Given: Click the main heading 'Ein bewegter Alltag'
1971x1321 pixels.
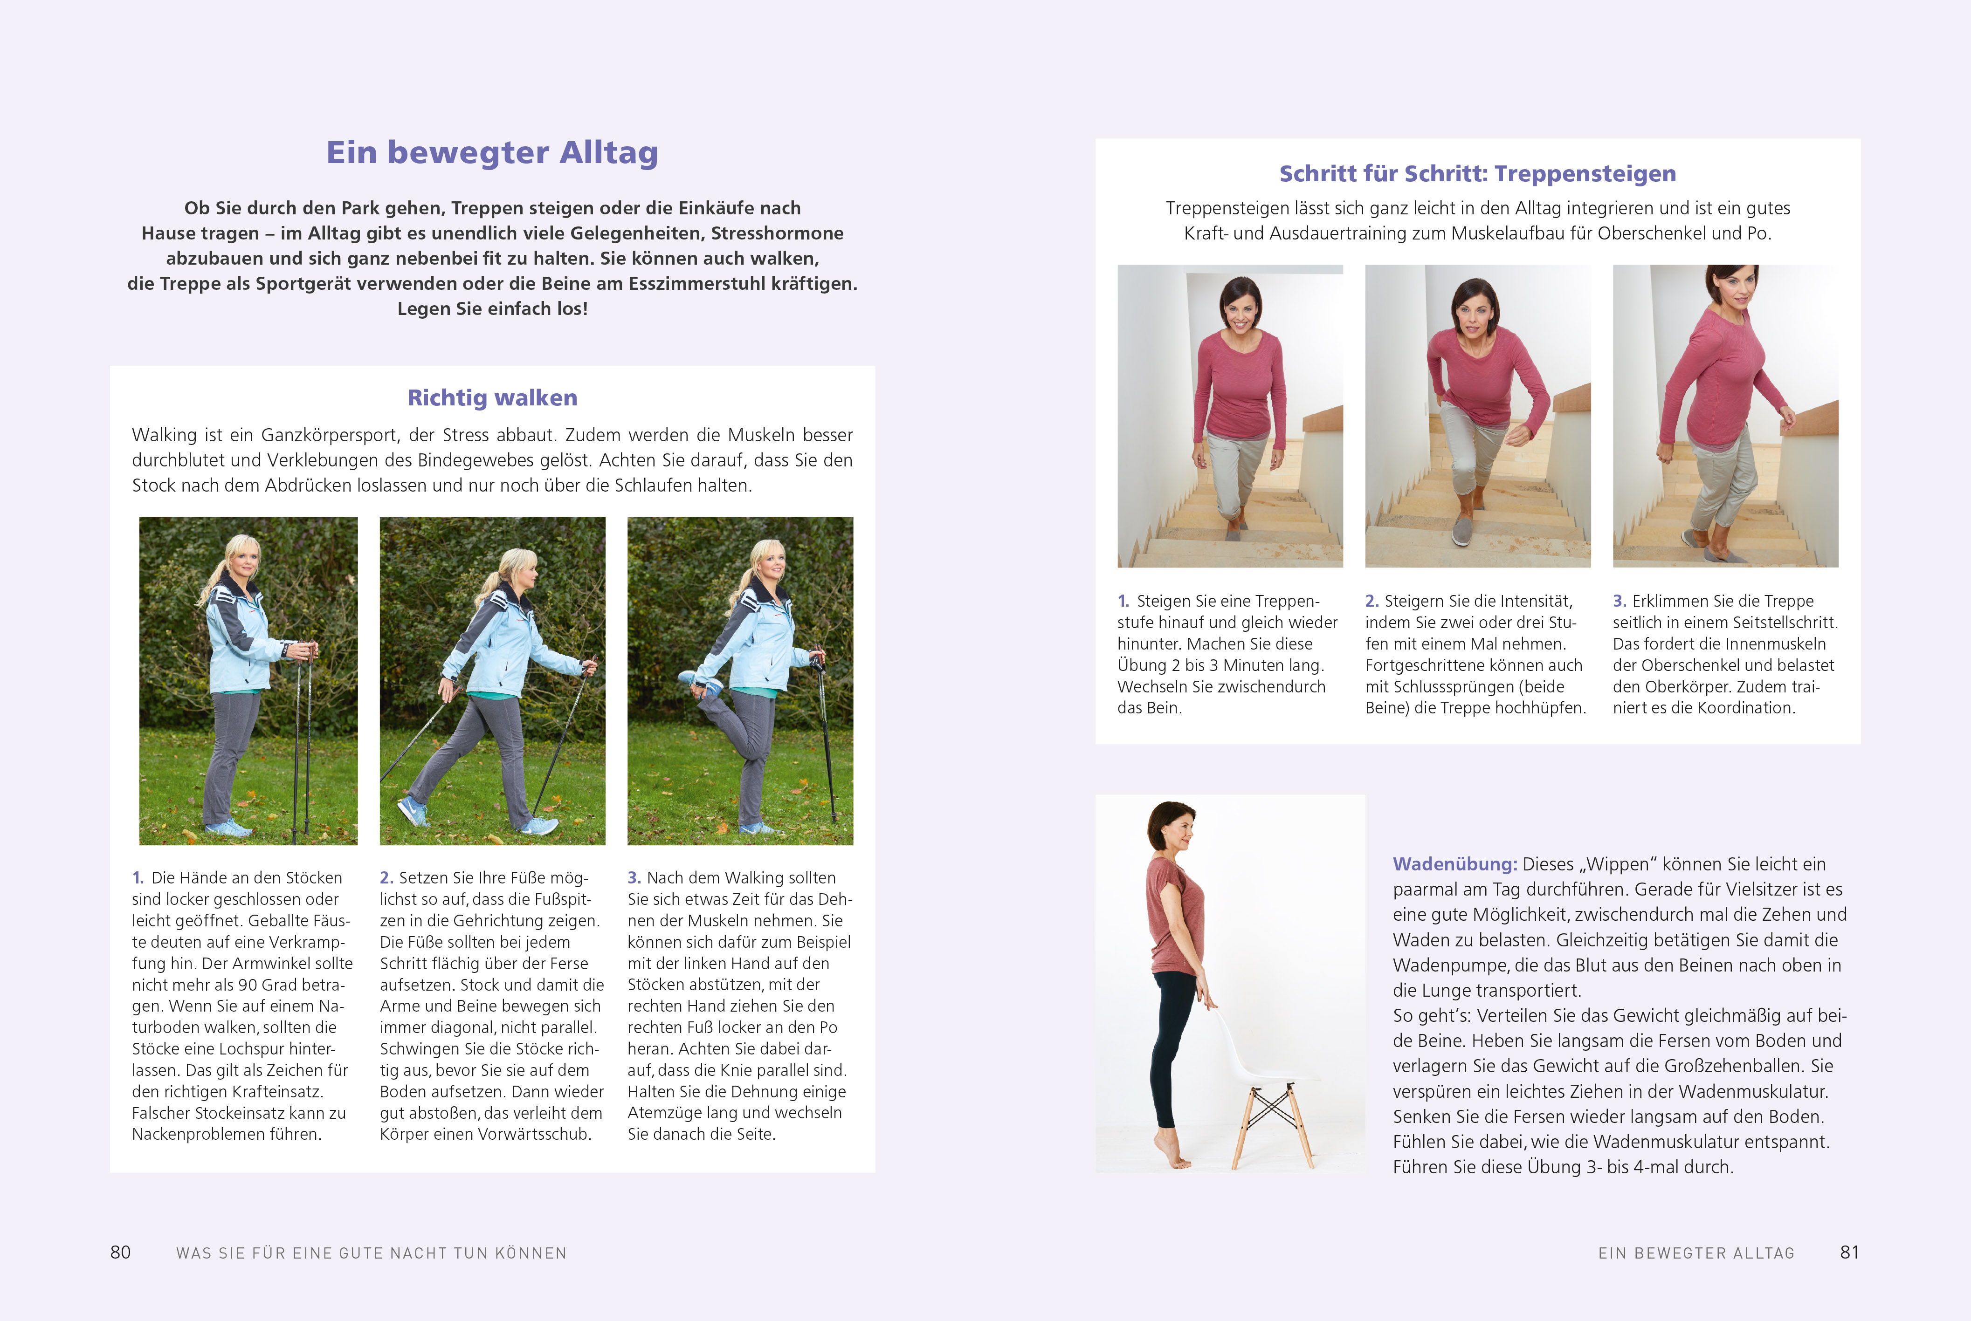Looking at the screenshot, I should coord(492,152).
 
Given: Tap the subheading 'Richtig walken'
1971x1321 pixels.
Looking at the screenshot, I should coord(492,397).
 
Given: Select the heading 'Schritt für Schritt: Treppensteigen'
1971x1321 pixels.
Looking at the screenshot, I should coord(1477,173).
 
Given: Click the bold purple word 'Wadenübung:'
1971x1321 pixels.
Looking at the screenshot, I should coord(1454,864).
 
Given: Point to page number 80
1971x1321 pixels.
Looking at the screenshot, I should coord(120,1253).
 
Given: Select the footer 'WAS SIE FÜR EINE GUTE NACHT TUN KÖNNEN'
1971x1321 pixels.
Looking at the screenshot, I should coord(371,1253).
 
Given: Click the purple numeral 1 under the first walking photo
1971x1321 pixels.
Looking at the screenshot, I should coord(138,878).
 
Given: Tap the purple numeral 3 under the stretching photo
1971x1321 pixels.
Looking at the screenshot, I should coord(634,878).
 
